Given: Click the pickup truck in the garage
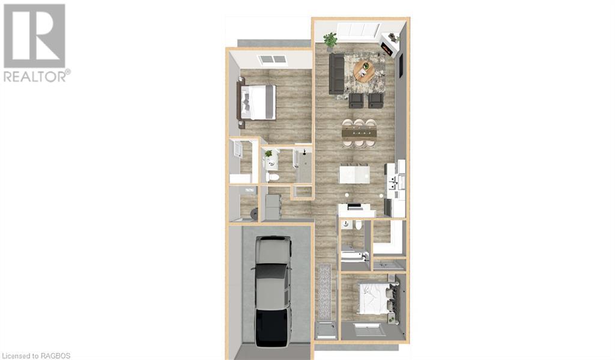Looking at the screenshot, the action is click(273, 291).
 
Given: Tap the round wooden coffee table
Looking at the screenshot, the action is click(365, 71).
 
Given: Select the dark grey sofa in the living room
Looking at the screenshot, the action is click(336, 74).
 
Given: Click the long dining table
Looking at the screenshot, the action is click(359, 133).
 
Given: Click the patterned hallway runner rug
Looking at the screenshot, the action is click(325, 291).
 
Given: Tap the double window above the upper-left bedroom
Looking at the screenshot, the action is click(272, 59).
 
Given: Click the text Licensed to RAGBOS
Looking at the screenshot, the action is click(35, 356).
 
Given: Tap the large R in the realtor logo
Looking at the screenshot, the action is click(34, 35).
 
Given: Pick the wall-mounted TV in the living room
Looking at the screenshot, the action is click(401, 66).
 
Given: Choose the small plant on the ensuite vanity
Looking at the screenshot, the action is click(268, 154).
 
